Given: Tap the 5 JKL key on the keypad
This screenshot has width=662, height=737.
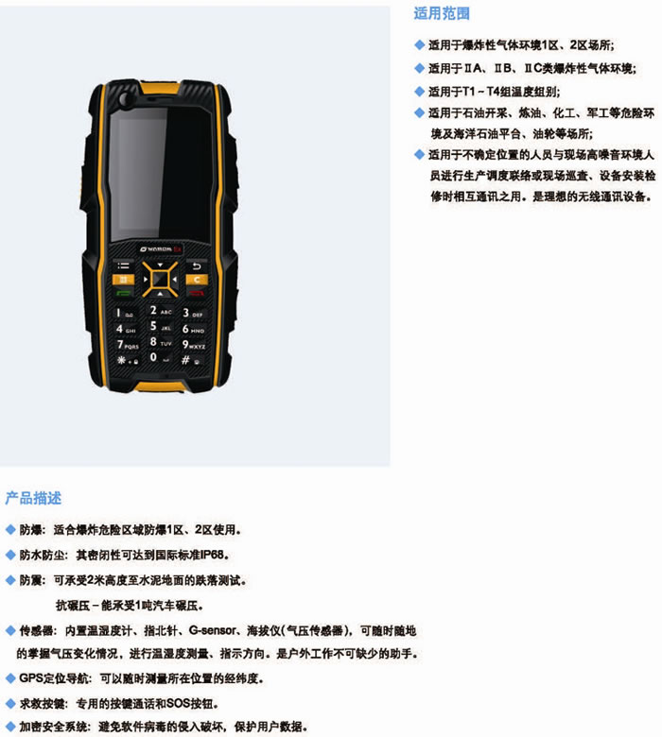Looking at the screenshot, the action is coord(160,327).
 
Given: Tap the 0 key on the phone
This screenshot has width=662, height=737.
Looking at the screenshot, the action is coord(160,358).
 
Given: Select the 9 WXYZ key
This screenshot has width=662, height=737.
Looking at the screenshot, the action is coord(193,345).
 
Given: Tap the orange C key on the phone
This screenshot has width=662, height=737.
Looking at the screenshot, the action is coord(197,280).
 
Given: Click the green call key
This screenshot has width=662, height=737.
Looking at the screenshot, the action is coord(123,293).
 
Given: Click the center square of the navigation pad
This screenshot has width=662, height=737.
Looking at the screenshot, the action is coord(160,279).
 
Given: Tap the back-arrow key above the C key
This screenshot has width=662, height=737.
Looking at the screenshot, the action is coord(197,266).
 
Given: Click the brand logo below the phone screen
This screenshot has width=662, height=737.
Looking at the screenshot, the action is coord(161,249).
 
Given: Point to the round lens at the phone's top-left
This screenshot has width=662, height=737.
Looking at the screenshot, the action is coord(125,98).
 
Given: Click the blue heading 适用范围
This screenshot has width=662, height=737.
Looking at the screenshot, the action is coord(442,13).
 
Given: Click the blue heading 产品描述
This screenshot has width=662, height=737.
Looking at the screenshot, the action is coord(33,498).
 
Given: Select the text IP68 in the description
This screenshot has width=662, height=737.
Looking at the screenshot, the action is coord(212,555).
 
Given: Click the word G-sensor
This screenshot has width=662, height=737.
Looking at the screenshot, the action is coord(212,630).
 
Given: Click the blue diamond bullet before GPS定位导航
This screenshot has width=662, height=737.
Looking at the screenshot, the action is coord(10,678).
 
